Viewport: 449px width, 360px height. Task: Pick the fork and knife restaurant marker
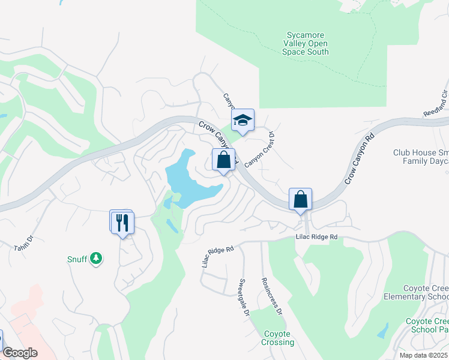[123, 223]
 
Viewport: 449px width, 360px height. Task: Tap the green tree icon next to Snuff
[95, 259]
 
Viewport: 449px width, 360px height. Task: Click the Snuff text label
[77, 259]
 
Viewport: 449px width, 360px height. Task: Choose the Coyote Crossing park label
[277, 338]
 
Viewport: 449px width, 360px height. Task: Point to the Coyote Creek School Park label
[427, 325]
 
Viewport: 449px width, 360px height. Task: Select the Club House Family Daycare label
[421, 157]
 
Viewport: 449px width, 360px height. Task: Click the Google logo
[20, 353]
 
